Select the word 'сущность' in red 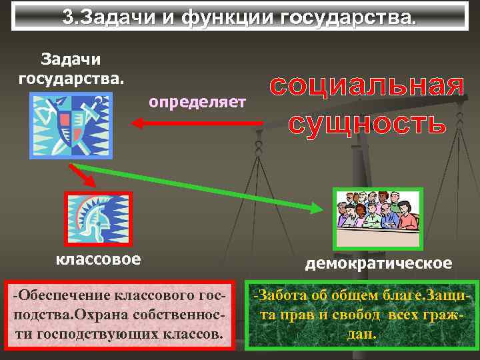click(367, 123)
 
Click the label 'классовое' click(98, 258)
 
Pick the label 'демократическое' click(378, 263)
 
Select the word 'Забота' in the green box click(287, 294)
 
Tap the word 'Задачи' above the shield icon click(71, 59)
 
